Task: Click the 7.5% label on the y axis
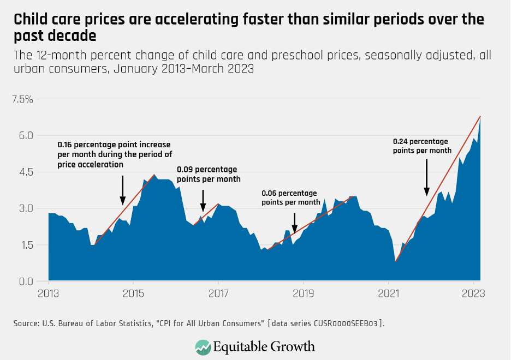(23, 99)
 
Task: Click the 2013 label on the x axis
(49, 293)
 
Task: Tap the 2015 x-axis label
(134, 293)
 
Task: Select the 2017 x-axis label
(218, 293)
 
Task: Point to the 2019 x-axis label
(303, 293)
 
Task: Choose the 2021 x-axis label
(388, 293)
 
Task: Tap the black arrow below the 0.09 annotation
(203, 200)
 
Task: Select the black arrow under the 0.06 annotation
(294, 223)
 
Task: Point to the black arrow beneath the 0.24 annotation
(427, 177)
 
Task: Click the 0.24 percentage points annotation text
(422, 146)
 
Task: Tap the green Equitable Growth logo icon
(203, 346)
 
